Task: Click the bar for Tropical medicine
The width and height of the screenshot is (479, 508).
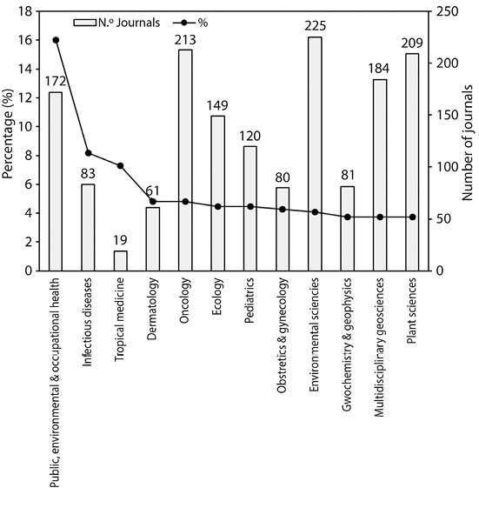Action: [x=120, y=261]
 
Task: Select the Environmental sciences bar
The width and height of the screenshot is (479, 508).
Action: [x=315, y=154]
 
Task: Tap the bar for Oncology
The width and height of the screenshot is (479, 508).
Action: [x=185, y=160]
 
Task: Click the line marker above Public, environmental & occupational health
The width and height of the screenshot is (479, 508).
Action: [x=56, y=40]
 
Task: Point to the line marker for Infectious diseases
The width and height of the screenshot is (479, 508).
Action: [x=88, y=153]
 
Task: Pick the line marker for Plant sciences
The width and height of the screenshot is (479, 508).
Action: [x=412, y=217]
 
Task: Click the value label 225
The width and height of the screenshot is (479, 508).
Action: [x=315, y=26]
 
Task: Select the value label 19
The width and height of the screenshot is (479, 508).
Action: [x=121, y=240]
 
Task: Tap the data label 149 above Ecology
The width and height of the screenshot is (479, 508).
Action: [x=217, y=105]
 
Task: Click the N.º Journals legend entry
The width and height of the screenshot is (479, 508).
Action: [x=116, y=23]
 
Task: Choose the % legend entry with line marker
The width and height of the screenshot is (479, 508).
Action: [x=190, y=23]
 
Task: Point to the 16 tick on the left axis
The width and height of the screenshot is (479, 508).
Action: [x=26, y=40]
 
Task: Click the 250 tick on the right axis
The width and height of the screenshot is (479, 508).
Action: [x=448, y=11]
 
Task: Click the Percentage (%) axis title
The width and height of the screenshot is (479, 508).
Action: [x=7, y=134]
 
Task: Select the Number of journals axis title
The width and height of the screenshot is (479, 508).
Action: [x=468, y=143]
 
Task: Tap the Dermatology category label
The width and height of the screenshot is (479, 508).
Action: [x=152, y=309]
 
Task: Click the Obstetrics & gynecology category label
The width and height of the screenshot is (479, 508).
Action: [x=282, y=335]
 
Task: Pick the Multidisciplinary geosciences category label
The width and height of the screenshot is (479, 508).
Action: [x=379, y=347]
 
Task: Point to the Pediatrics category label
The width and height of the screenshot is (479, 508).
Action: [x=249, y=301]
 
